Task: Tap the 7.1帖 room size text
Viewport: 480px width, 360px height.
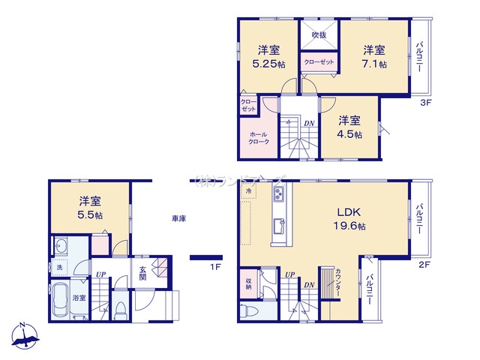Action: tap(374, 57)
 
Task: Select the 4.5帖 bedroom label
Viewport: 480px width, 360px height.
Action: tap(349, 127)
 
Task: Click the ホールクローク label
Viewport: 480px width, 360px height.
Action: tap(258, 140)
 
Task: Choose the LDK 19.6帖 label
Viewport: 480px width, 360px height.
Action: tap(350, 218)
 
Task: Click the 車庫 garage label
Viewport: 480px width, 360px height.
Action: tap(178, 218)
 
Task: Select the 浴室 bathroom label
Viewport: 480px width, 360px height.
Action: tap(79, 298)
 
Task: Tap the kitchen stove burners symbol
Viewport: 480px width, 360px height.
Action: tap(277, 196)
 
